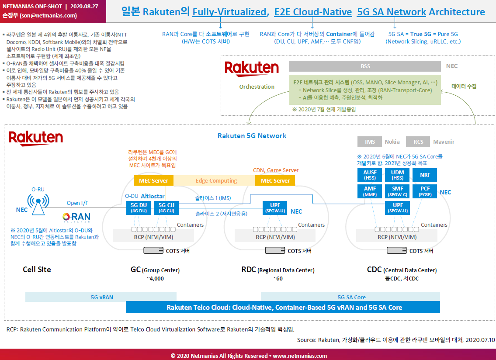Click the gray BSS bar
click(x=365, y=66)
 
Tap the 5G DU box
click(x=139, y=208)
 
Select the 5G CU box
click(x=166, y=208)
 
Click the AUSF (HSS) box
click(x=369, y=175)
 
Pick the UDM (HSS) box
click(x=397, y=175)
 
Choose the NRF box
click(x=425, y=175)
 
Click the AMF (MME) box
click(x=369, y=191)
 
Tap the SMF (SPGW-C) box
click(x=397, y=191)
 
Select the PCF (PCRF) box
click(x=425, y=191)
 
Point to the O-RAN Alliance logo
click(x=76, y=217)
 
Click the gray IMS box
click(x=369, y=142)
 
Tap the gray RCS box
click(x=418, y=142)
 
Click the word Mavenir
click(x=444, y=142)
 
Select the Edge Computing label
click(x=216, y=180)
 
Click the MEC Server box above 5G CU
click(x=153, y=180)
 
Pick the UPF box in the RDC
click(x=275, y=208)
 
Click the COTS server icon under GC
click(x=153, y=250)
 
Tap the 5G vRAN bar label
click(x=102, y=298)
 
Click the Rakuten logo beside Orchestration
click(x=251, y=68)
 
